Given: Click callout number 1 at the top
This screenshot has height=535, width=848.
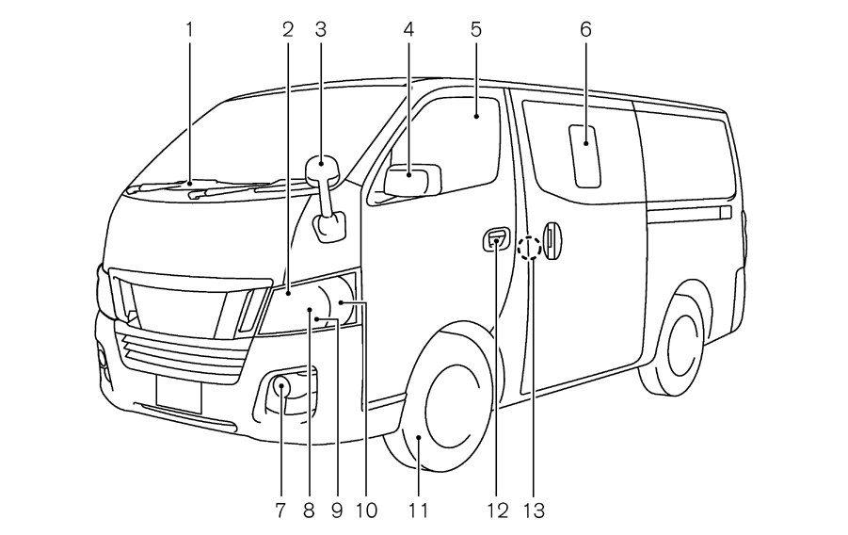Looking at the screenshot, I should tap(188, 29).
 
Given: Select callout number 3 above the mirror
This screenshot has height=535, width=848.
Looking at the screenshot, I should tap(321, 29).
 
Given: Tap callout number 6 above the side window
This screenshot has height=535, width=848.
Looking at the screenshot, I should tap(585, 29).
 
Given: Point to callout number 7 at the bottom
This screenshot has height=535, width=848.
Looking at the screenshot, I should tap(280, 511).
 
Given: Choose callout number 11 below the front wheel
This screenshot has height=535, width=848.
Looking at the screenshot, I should tap(418, 511).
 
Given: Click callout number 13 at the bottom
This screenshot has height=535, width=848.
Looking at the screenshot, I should tap(534, 511).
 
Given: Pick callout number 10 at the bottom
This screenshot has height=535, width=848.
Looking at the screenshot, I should tap(366, 511).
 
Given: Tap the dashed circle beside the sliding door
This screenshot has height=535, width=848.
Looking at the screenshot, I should tap(530, 248).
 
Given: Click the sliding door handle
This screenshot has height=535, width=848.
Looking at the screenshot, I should tap(553, 239).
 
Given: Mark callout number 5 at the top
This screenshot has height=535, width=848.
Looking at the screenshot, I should tap(476, 29).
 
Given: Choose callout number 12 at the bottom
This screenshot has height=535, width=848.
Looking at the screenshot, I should tap(496, 511).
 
